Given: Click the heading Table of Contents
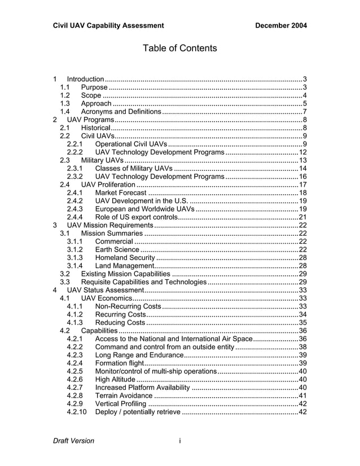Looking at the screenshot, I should pos(179,49).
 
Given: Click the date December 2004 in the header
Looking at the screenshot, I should pos(280,25).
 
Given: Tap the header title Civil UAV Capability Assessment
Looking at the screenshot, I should pos(108,25).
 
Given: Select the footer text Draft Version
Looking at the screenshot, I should pos(73,441).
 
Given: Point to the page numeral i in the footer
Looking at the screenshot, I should pos(179,441).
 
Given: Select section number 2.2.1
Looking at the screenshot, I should pos(75,144).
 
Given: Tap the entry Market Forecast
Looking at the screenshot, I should pos(121,193).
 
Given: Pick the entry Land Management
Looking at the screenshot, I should pos(125,266).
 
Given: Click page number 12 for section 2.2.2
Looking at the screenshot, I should pos(302,152).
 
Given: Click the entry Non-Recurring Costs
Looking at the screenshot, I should pos(128,306).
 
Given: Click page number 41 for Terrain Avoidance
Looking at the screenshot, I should pos(302,395).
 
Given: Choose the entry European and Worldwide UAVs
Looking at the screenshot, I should pos(145,209).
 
